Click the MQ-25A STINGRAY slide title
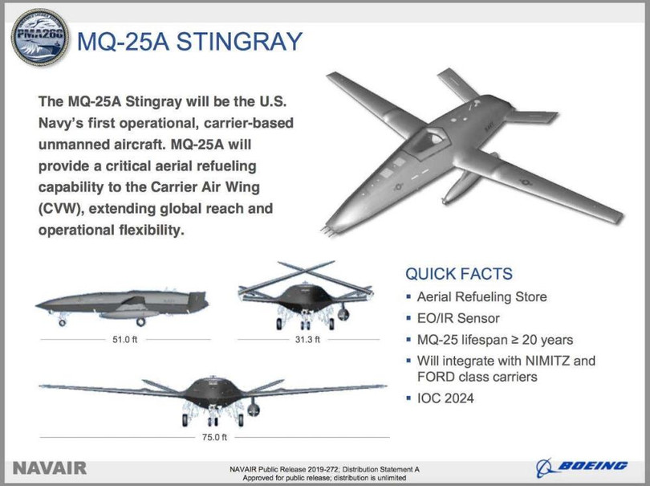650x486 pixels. point(189,42)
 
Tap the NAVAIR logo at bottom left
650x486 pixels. point(50,468)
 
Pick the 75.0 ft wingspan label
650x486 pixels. point(214,437)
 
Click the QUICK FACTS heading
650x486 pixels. point(459,275)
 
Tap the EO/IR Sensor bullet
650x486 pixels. point(458,318)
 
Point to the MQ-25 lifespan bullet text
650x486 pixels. point(495,339)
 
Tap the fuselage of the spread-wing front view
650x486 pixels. point(214,394)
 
